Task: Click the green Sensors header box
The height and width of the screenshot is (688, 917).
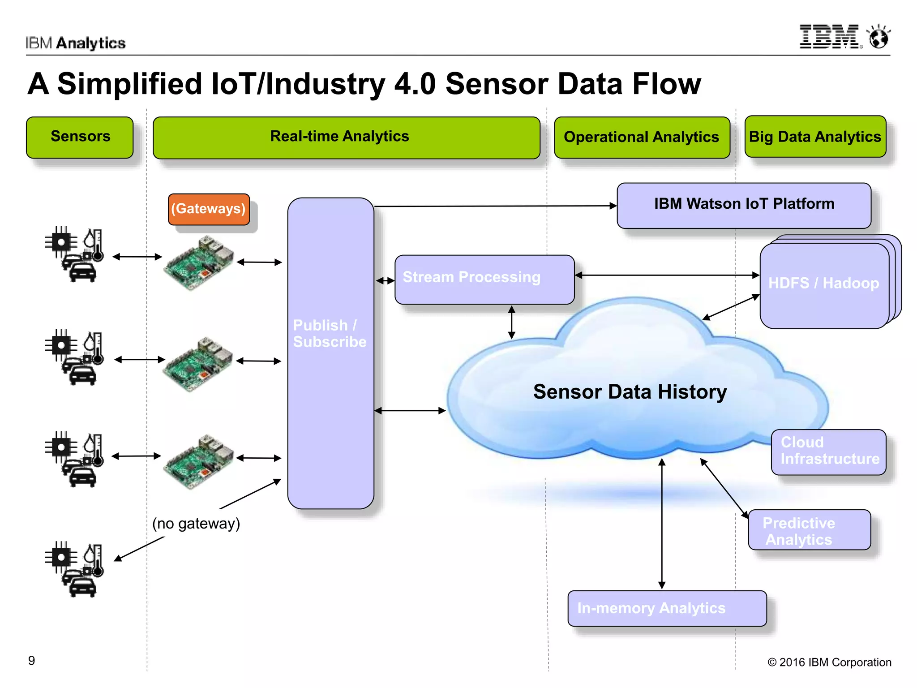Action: coord(80,137)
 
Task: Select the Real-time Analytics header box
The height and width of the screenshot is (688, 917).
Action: coord(346,137)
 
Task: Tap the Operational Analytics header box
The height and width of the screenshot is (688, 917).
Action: coord(641,137)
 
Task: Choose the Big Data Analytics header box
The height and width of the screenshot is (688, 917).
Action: coord(814,137)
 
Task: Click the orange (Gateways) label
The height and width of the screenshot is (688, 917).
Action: coord(208,209)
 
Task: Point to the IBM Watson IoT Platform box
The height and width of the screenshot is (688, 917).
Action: coord(743,205)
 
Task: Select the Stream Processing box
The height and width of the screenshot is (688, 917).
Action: coord(484,279)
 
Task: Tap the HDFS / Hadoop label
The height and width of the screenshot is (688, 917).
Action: coord(823,284)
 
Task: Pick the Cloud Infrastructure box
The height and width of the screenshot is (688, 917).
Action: coord(828,451)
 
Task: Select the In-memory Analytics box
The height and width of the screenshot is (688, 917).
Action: coord(666,608)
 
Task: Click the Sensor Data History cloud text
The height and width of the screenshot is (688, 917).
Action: coord(630,392)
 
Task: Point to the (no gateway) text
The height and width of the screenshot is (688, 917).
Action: coord(196,523)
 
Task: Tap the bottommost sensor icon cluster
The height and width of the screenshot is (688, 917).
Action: coord(74,569)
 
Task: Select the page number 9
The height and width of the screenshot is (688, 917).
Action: coord(31,661)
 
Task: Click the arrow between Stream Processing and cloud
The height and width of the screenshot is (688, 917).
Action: coord(512,322)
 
